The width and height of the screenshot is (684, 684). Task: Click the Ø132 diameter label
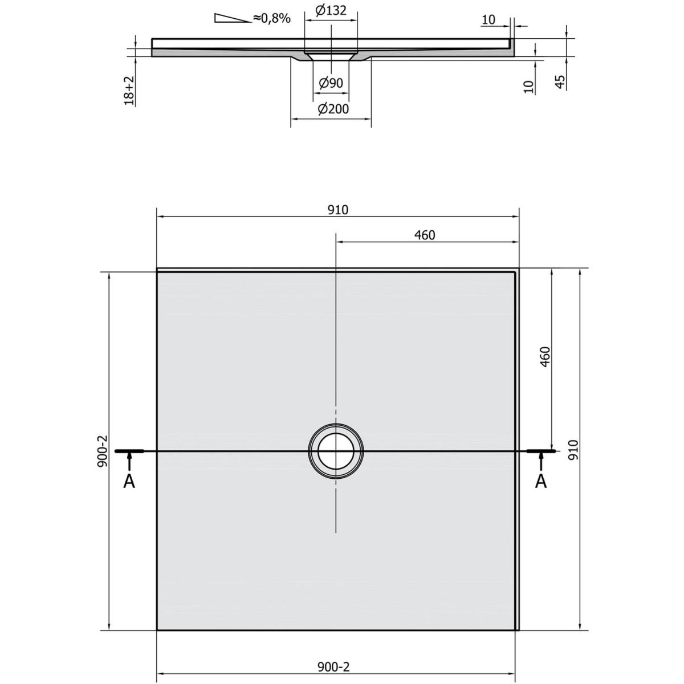click(331, 11)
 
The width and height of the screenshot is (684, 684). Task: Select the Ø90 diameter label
click(331, 83)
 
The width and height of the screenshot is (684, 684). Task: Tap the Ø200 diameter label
click(333, 109)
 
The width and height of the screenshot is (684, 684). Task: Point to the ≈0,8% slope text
click(272, 18)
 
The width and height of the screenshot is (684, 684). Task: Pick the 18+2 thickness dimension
click(129, 90)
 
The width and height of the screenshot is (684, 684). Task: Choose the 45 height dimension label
click(560, 82)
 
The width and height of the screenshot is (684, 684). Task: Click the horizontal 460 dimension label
click(425, 235)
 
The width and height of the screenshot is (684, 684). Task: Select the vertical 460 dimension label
click(544, 357)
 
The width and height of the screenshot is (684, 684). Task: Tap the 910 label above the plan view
click(338, 210)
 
